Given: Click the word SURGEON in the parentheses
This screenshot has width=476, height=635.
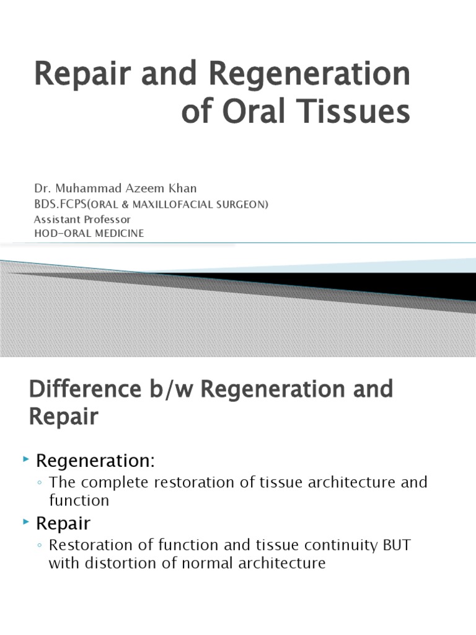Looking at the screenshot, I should [x=244, y=205].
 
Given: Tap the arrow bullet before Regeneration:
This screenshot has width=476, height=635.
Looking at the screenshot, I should [x=25, y=460].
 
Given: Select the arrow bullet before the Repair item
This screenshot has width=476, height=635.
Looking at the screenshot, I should [x=25, y=523].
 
